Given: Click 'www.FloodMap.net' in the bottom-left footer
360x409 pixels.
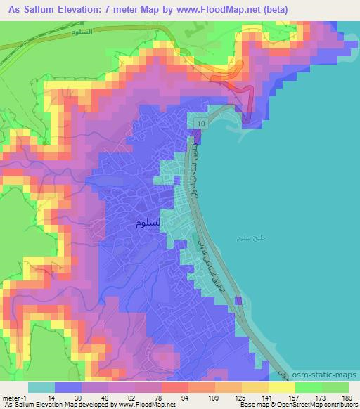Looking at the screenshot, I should (140, 405).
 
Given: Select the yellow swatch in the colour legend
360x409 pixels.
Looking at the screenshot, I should (281, 387).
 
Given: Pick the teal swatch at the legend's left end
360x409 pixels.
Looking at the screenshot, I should (41, 387).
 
